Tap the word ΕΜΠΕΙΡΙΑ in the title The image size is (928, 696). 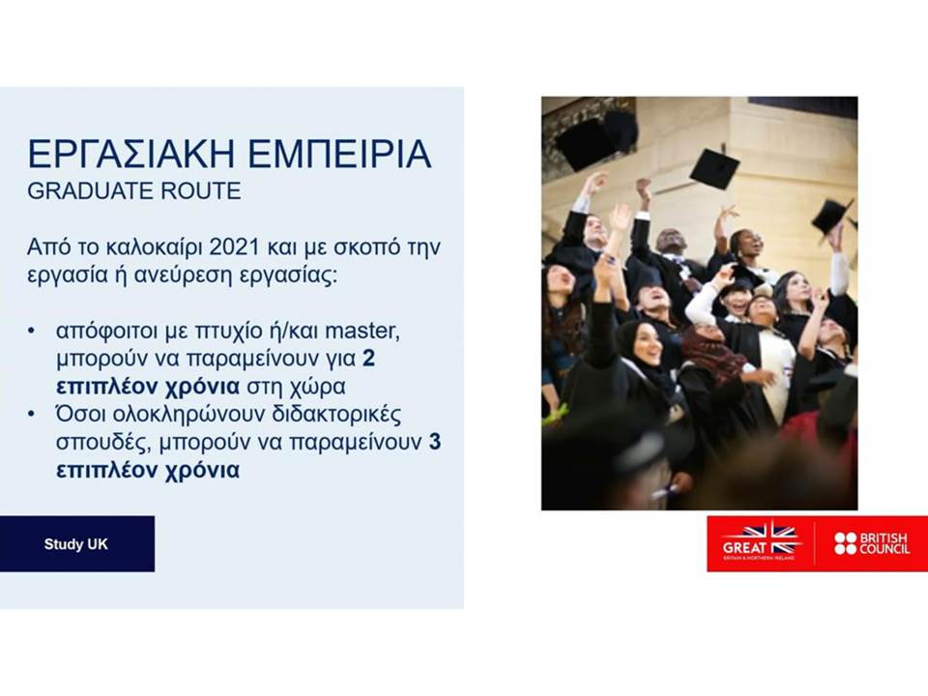click(x=339, y=154)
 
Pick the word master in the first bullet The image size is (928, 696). click(x=362, y=331)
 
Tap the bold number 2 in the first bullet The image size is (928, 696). click(x=368, y=359)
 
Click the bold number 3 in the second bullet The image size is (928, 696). click(x=435, y=442)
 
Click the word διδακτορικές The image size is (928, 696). click(x=336, y=415)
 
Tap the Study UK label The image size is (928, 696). click(x=75, y=544)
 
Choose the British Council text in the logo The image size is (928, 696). click(x=884, y=543)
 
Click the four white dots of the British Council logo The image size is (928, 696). click(x=846, y=543)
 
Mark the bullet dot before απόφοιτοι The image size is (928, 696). click(x=31, y=331)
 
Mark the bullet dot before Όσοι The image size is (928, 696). click(x=31, y=415)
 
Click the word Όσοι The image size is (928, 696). click(x=80, y=415)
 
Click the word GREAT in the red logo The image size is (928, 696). click(x=743, y=548)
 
